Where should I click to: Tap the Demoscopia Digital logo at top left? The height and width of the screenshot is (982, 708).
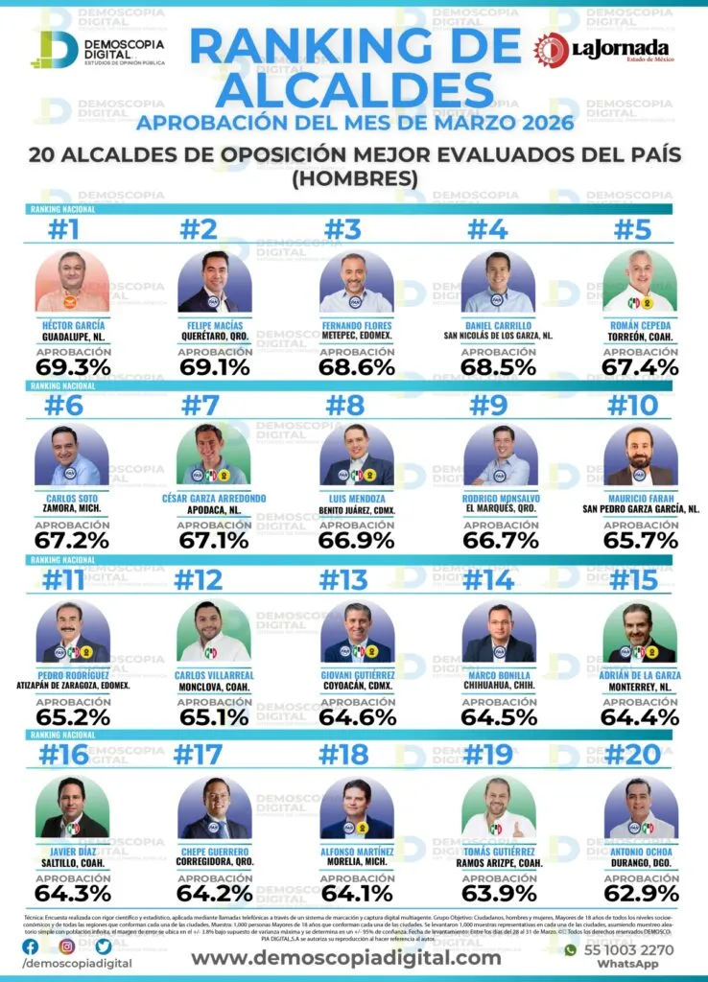(96, 51)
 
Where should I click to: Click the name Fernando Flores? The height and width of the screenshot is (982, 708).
(356, 324)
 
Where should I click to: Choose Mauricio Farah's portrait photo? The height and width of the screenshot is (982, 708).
(641, 456)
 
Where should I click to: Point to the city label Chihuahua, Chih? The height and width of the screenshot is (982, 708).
(498, 687)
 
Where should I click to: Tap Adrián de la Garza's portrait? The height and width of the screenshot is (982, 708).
(641, 632)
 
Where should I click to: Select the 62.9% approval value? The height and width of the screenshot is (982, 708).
(641, 892)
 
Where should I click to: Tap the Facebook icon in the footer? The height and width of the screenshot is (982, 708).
(31, 947)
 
